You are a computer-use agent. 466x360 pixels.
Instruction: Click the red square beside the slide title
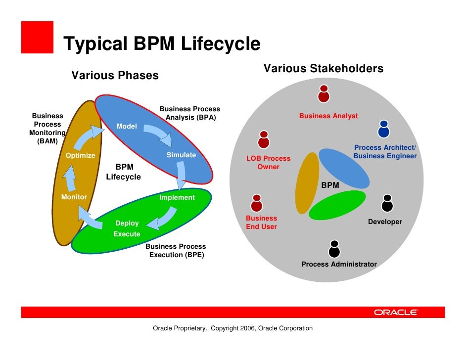[37, 37]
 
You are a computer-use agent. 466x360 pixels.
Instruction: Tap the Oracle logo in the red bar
[396, 312]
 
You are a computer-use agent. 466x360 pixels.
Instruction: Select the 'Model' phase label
[127, 127]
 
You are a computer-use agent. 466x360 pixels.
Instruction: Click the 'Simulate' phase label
[181, 155]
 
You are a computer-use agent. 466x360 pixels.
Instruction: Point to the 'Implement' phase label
[177, 197]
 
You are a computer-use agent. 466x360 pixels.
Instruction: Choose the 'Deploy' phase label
[127, 224]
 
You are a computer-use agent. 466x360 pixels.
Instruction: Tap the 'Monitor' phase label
[74, 197]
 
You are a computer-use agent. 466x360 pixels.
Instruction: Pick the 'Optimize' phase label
[81, 155]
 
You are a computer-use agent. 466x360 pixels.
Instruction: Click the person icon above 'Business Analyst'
[324, 93]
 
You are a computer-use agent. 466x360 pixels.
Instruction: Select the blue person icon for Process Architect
[383, 129]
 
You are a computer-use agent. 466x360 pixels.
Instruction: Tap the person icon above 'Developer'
[387, 203]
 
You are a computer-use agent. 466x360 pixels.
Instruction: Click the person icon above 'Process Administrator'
[334, 249]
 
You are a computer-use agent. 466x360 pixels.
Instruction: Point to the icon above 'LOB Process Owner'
[264, 139]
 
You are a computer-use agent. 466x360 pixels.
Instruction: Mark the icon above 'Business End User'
[256, 203]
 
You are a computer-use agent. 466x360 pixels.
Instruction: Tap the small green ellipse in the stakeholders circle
[337, 205]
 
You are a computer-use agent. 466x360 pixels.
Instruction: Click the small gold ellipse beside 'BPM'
[307, 183]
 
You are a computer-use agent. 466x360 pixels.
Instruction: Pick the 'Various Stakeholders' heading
[323, 69]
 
